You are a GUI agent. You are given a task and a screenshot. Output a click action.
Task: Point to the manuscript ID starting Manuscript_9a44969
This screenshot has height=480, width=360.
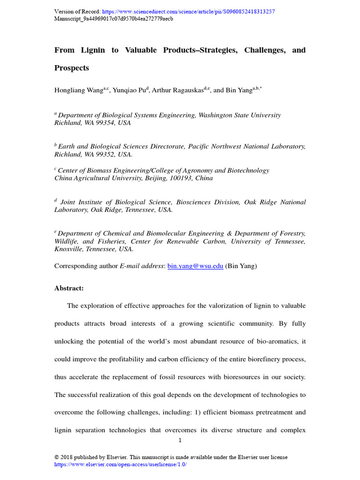pos(113,19)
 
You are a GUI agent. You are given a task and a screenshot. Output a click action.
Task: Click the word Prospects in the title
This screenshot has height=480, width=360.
pos(72,68)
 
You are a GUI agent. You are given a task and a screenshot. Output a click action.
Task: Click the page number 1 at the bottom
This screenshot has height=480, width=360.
pos(180,440)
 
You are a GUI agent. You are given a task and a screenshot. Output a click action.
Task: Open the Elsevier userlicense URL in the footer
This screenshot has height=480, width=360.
pos(120,464)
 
